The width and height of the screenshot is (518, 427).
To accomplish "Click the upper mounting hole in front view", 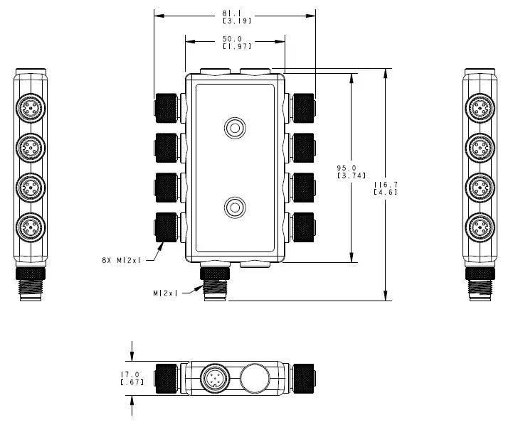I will point(235,128).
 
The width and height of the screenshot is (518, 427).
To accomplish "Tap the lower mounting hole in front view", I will point(235,207).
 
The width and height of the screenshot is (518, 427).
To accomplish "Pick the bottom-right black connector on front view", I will point(305,225).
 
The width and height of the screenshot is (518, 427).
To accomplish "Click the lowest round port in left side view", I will point(31,227).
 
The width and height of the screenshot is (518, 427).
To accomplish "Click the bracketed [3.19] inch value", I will point(236,21).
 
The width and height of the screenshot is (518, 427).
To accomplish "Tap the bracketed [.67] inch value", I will point(132,382).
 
